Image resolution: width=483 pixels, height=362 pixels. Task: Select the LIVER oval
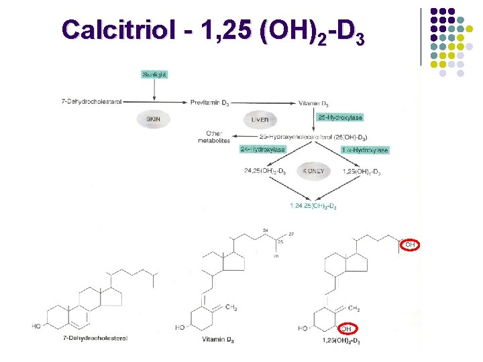[x=260, y=119]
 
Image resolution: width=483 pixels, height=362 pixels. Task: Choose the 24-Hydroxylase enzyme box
[x=262, y=149]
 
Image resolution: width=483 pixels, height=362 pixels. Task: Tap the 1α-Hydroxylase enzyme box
[x=364, y=149]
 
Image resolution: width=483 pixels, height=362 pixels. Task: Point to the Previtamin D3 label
[x=210, y=103]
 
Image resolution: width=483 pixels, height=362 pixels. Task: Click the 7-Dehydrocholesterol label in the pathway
[x=91, y=102]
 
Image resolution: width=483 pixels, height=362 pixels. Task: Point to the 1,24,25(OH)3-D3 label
[x=313, y=205]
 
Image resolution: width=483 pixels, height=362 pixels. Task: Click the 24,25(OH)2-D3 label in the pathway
[x=266, y=172]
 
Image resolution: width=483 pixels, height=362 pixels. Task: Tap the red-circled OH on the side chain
[x=411, y=245]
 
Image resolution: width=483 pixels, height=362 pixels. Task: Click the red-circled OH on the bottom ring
[x=346, y=328]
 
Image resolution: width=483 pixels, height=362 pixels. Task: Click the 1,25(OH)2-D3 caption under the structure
[x=341, y=342]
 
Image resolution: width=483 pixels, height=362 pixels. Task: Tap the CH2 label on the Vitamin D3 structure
[x=231, y=308]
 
